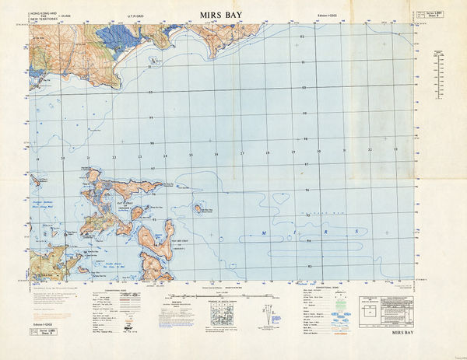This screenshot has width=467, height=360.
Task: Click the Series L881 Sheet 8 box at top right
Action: point(423,15)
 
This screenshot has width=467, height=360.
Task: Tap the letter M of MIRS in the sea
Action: point(263,232)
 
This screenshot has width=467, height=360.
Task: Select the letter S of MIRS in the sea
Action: point(356,232)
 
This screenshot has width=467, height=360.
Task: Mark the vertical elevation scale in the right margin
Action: point(437,70)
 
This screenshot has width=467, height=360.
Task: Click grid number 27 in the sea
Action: point(242,153)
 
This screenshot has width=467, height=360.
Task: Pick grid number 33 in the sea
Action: point(395,149)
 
